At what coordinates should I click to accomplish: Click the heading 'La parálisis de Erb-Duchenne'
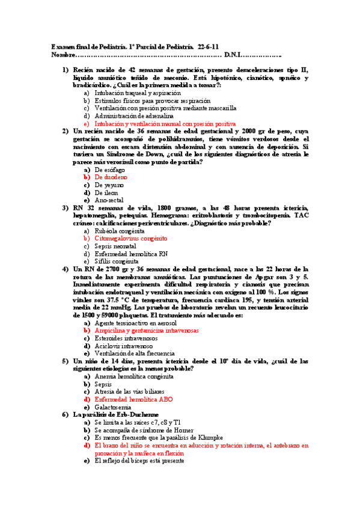[x=117, y=415]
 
